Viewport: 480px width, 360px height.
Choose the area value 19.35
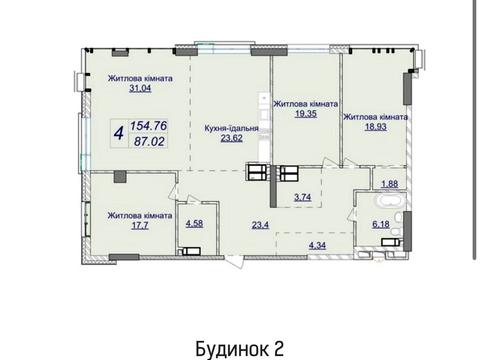[305, 115]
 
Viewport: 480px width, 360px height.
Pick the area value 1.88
[391, 183]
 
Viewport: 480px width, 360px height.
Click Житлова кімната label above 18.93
[375, 116]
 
